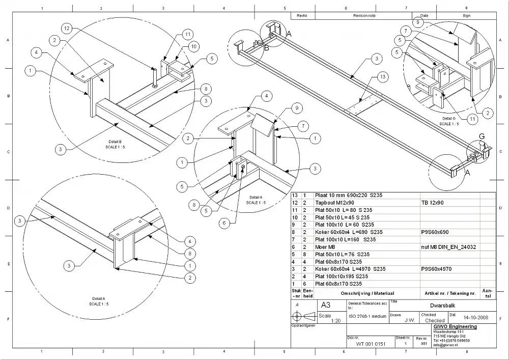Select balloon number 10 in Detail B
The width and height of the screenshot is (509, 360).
(193, 46)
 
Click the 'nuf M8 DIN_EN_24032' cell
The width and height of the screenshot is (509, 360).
(448, 246)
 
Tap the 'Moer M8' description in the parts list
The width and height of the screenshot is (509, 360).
(328, 246)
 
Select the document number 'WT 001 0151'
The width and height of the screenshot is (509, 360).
(371, 344)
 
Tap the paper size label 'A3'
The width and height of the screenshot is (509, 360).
(326, 306)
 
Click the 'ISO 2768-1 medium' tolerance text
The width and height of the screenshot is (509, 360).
(367, 316)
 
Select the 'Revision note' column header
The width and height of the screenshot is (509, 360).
(364, 16)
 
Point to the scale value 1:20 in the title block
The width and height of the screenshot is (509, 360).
(335, 321)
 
